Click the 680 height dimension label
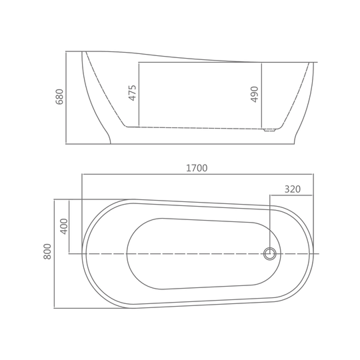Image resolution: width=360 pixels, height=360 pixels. [x=59, y=97]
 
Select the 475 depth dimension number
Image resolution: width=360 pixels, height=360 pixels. [x=133, y=93]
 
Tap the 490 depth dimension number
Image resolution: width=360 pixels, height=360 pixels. [x=255, y=95]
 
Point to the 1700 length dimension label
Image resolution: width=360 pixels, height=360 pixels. [x=197, y=168]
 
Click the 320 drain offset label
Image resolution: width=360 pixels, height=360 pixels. [x=293, y=189]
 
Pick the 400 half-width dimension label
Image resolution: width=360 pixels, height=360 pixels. [x=64, y=227]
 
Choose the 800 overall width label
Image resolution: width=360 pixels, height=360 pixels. [x=47, y=251]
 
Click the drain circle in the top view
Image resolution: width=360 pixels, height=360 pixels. [x=270, y=254]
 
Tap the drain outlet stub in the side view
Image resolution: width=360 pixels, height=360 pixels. [x=269, y=130]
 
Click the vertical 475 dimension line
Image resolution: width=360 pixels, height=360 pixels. [x=139, y=95]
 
